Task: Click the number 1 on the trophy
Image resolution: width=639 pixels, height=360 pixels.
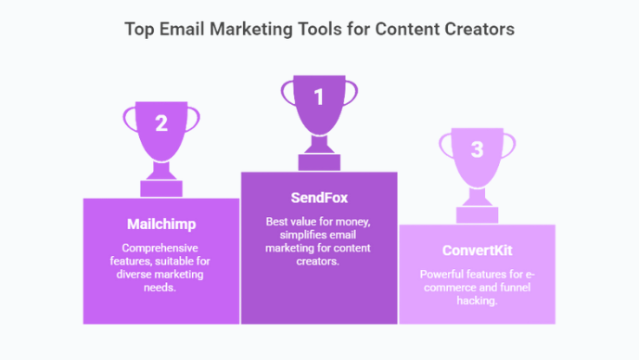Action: click(x=319, y=96)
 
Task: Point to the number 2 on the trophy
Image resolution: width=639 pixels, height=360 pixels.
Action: click(x=160, y=123)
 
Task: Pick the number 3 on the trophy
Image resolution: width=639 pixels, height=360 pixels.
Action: click(x=477, y=149)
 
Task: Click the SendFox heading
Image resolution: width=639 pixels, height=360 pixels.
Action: click(x=319, y=198)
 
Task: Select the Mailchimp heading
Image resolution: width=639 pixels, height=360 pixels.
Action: click(x=160, y=224)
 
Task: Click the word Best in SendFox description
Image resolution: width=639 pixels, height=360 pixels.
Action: click(x=276, y=221)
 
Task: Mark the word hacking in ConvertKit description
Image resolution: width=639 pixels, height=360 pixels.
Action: click(x=477, y=302)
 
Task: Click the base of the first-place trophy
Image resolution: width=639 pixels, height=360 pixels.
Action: click(x=319, y=164)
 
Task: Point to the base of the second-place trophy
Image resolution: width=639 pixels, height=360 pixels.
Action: click(x=160, y=190)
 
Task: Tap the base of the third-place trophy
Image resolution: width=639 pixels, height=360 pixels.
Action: click(x=477, y=216)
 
